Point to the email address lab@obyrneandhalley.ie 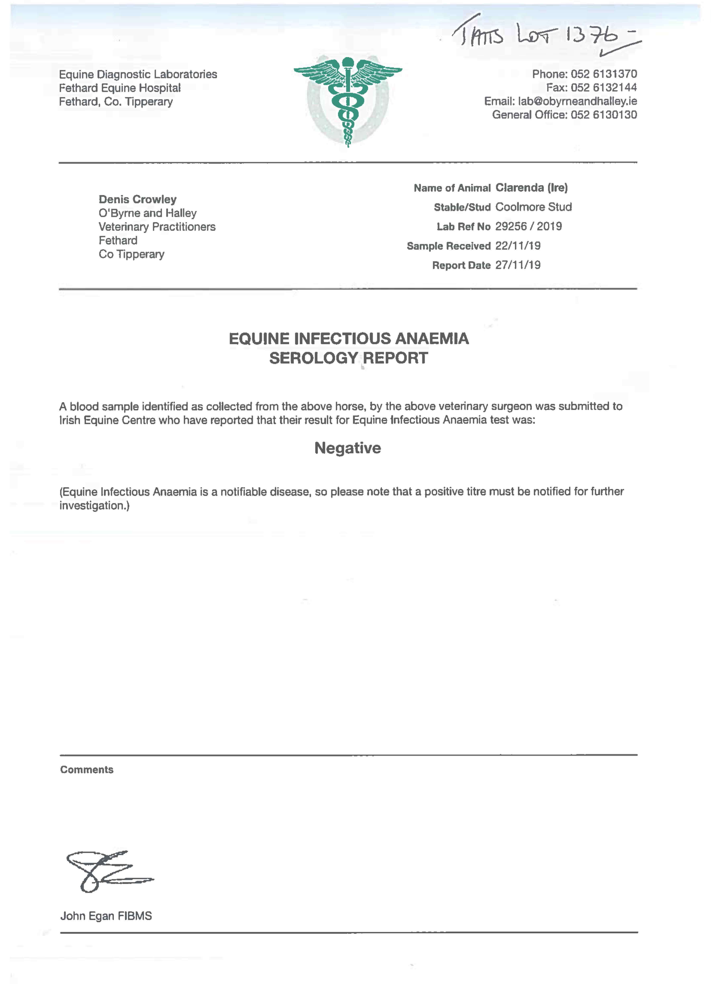click(x=577, y=101)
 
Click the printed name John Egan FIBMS click(x=106, y=916)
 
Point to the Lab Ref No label click(x=463, y=226)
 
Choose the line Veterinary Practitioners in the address click(x=157, y=227)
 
